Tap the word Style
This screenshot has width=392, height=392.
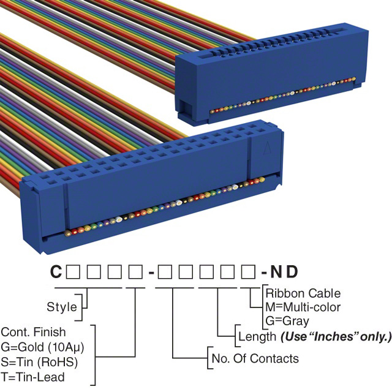62,307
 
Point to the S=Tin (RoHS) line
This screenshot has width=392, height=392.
39,361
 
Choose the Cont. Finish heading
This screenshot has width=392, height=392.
33,333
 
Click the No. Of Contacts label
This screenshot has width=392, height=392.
254,358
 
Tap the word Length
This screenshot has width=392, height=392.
257,336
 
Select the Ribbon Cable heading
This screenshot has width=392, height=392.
303,293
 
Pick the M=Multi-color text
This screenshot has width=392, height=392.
303,307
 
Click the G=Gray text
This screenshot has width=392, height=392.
287,320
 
